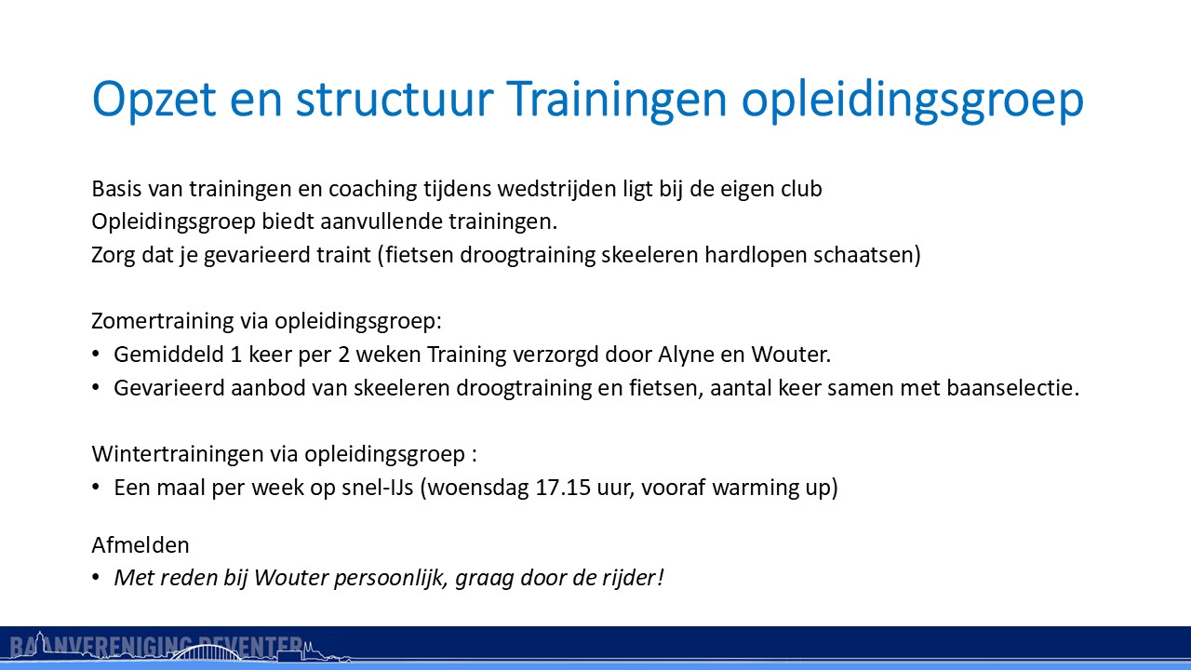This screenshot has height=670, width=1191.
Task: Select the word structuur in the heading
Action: click(395, 99)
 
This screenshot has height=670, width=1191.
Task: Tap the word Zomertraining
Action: click(163, 321)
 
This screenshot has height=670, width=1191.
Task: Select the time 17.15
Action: click(563, 488)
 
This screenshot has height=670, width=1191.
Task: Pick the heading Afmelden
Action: click(141, 545)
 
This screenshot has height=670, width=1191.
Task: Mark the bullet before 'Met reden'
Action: click(96, 578)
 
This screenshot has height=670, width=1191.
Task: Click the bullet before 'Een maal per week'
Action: click(96, 487)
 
